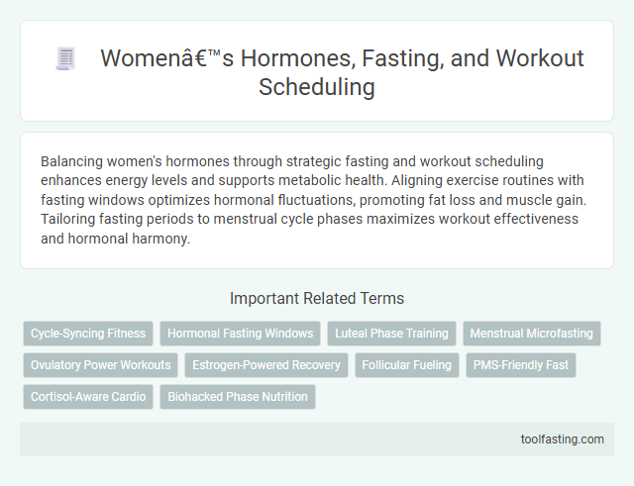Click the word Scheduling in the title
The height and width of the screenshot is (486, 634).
point(316,87)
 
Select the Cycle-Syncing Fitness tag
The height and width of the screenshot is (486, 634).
point(88,334)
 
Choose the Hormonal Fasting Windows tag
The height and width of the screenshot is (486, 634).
point(242,334)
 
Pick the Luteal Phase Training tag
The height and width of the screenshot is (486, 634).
point(391,334)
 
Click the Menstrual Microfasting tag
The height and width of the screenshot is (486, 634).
point(532,334)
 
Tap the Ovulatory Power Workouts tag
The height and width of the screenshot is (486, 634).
point(100,365)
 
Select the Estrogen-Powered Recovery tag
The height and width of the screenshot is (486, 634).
point(266,365)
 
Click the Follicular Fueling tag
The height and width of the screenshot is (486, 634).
point(407,365)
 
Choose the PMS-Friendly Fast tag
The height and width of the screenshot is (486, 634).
point(521,365)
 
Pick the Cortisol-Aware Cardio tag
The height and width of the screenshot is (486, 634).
point(88,397)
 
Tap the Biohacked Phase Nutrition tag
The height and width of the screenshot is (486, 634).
point(238,397)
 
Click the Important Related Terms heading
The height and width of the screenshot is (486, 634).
point(316,298)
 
